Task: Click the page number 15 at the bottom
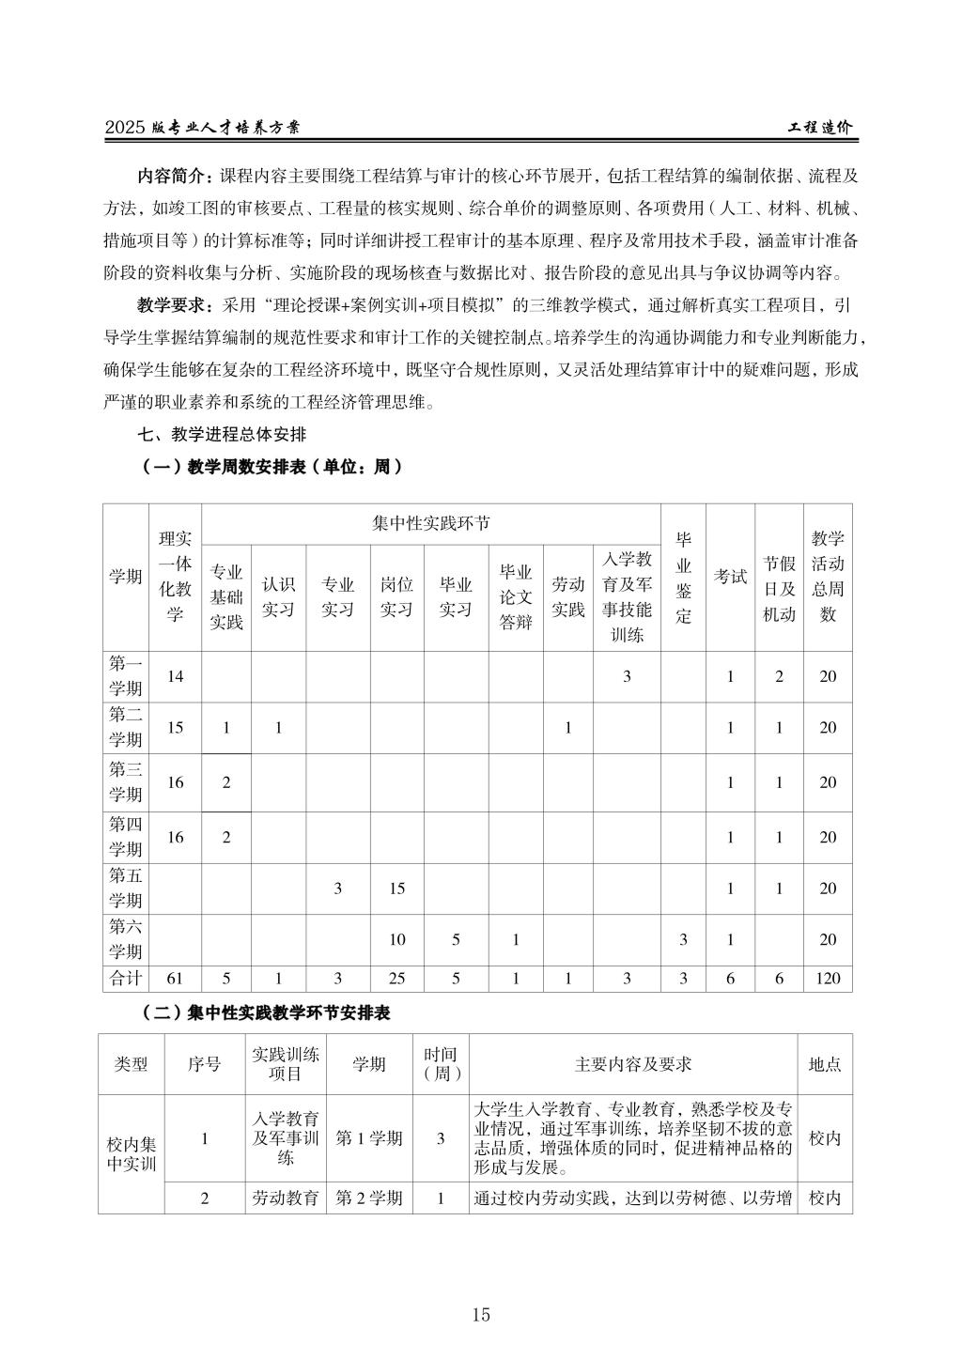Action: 481,1315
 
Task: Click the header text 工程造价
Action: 819,129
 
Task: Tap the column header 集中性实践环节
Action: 431,523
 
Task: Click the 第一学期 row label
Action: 125,676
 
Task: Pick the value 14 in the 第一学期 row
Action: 175,676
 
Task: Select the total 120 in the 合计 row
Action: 828,978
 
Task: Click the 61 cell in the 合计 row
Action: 175,978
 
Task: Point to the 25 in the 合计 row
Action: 396,978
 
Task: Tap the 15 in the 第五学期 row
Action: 396,889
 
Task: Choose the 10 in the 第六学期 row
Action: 396,939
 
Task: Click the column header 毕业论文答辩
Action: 516,596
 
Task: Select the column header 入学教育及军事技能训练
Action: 627,596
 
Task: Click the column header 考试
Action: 730,577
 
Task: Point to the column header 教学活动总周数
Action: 828,577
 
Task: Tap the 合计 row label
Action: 125,978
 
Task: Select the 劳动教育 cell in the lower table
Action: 286,1198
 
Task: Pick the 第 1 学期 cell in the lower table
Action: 369,1138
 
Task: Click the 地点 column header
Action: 825,1064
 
